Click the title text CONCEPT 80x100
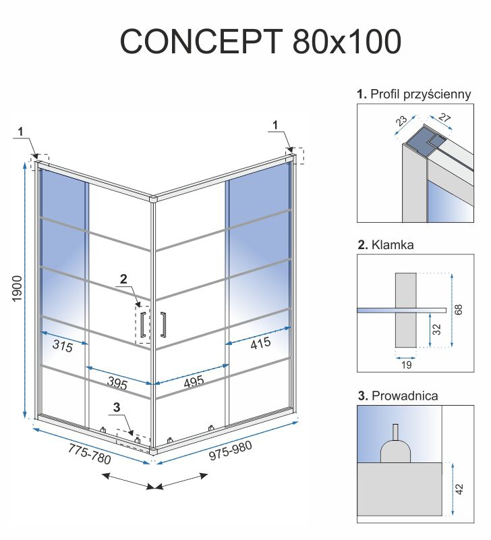tap(260, 41)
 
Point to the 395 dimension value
tap(117, 384)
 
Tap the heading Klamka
tap(392, 245)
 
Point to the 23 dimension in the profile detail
tap(403, 122)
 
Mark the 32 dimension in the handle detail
tap(436, 329)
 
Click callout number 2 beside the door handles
tap(123, 278)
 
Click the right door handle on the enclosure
tap(163, 323)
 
